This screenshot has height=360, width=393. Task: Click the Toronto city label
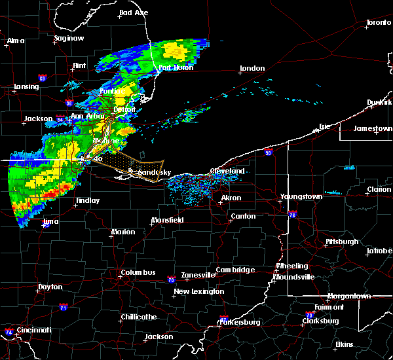(378, 23)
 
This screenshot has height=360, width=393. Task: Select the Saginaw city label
(69, 38)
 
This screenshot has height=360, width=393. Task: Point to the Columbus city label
(138, 272)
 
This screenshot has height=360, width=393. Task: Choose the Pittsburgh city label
(342, 242)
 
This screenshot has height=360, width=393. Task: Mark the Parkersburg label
(240, 322)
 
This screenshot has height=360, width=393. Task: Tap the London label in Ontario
(252, 68)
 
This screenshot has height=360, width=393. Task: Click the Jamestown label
(373, 128)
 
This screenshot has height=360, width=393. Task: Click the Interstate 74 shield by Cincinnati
(9, 332)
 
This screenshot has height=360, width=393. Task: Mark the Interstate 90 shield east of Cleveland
(268, 153)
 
